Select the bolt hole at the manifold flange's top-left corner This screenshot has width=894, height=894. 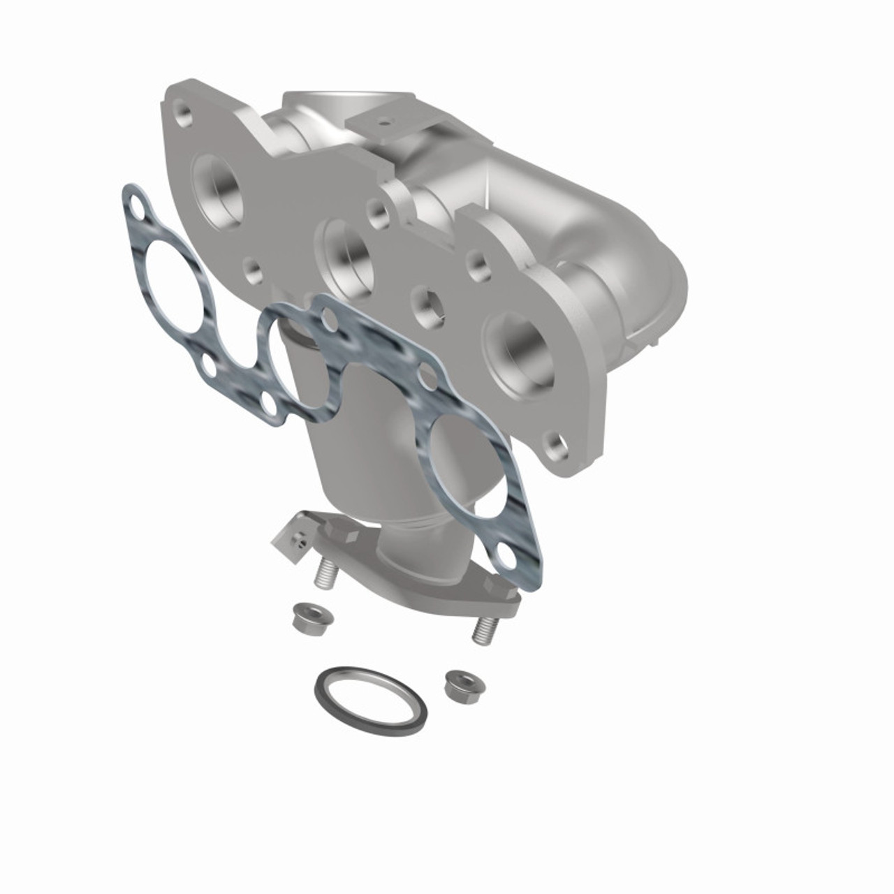tap(183, 115)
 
